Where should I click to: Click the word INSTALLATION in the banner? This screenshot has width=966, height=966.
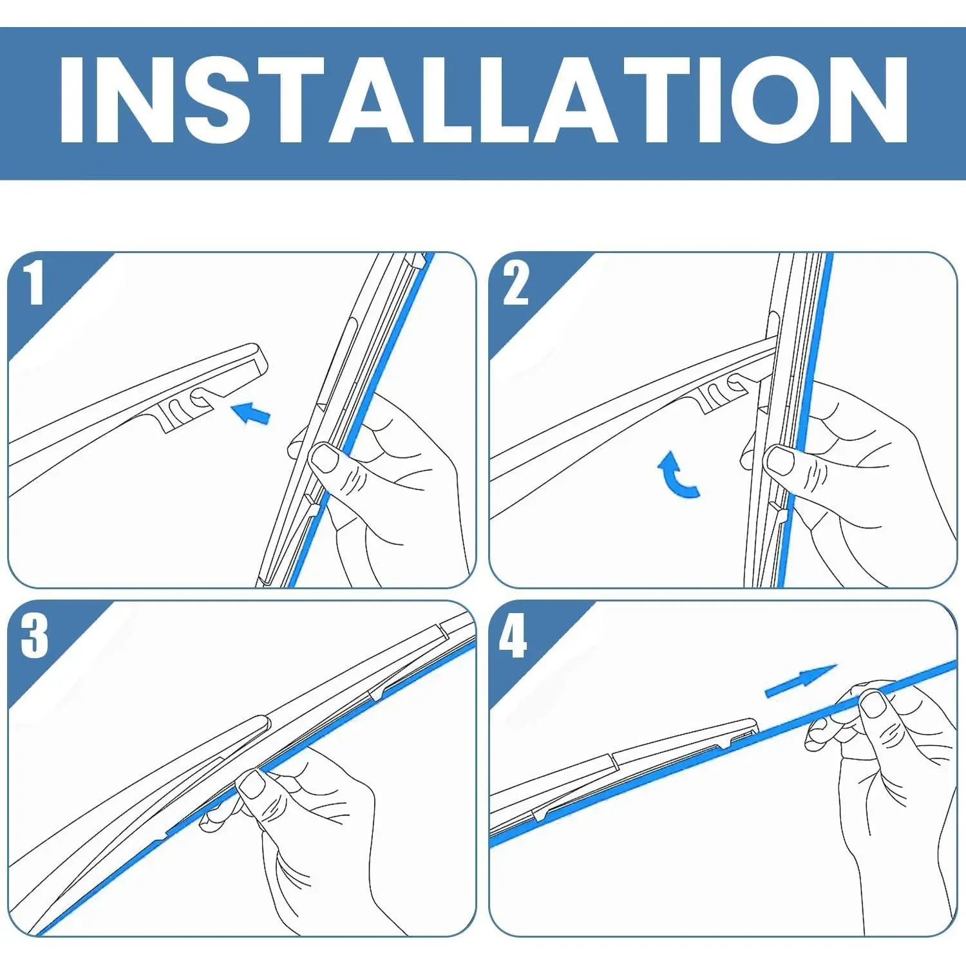[x=483, y=100]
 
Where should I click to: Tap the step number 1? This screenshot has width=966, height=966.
[x=34, y=283]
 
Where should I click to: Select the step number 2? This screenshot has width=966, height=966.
[x=515, y=283]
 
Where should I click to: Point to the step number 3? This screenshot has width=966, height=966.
[x=34, y=634]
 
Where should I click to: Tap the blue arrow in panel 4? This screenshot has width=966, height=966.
[x=800, y=681]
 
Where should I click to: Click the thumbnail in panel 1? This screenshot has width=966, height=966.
[x=325, y=459]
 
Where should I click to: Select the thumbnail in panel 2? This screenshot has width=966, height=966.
[x=781, y=460]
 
